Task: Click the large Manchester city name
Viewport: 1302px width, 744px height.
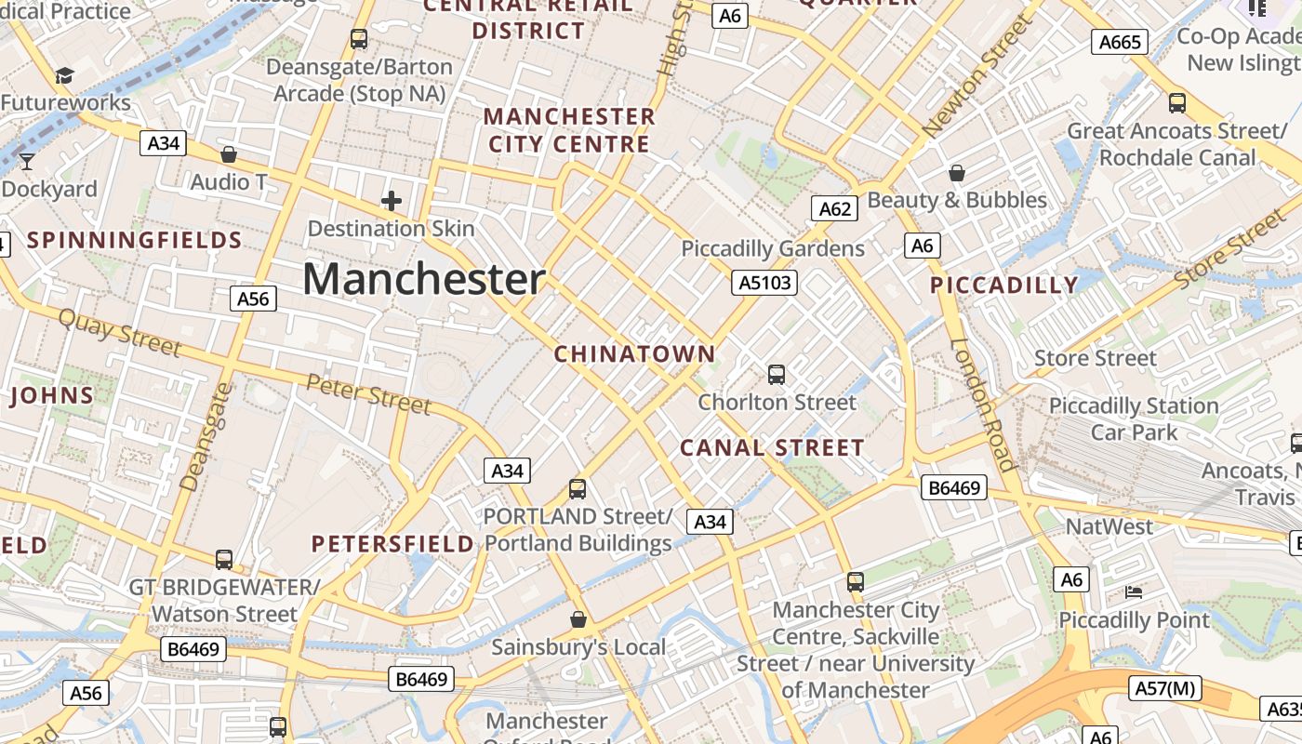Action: coord(423,279)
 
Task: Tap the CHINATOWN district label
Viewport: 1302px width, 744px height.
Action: coord(635,354)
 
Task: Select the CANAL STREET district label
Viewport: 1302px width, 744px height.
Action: coord(772,448)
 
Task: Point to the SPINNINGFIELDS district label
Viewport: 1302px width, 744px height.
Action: coord(135,241)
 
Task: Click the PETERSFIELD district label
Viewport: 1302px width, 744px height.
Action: coord(392,544)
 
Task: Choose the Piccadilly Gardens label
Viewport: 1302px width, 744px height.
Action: coord(773,249)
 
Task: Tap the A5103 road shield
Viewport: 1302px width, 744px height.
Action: coord(764,283)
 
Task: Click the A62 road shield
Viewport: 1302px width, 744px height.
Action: coord(833,208)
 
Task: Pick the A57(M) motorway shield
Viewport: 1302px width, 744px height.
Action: coord(1165,688)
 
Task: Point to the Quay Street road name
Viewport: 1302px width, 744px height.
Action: coord(119,332)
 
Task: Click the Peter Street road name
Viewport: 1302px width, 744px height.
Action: coord(368,394)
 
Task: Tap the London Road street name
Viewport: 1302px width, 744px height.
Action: coord(983,405)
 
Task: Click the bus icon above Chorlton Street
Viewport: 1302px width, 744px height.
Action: coord(777,375)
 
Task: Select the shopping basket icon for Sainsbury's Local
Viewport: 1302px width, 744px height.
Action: coord(578,618)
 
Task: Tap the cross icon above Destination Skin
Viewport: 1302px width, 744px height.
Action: coord(392,200)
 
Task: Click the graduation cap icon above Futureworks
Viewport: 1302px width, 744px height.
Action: coord(64,75)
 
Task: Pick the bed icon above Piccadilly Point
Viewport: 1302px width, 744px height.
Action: coord(1134,591)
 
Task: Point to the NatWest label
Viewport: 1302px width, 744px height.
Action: coord(1109,526)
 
